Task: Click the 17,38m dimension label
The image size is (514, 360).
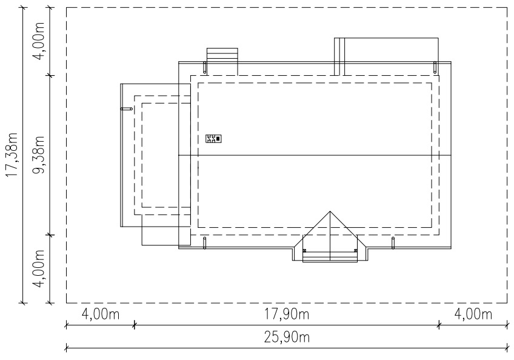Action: pyautogui.click(x=13, y=155)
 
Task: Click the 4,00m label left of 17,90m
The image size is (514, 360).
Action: pyautogui.click(x=100, y=315)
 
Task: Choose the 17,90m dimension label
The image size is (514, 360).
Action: pyautogui.click(x=287, y=315)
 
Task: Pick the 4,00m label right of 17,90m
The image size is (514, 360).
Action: pyautogui.click(x=473, y=315)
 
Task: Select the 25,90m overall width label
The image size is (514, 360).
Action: pyautogui.click(x=287, y=337)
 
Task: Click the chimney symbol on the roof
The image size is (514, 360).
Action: pyautogui.click(x=214, y=139)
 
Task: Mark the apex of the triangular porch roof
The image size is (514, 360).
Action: pyautogui.click(x=330, y=212)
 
